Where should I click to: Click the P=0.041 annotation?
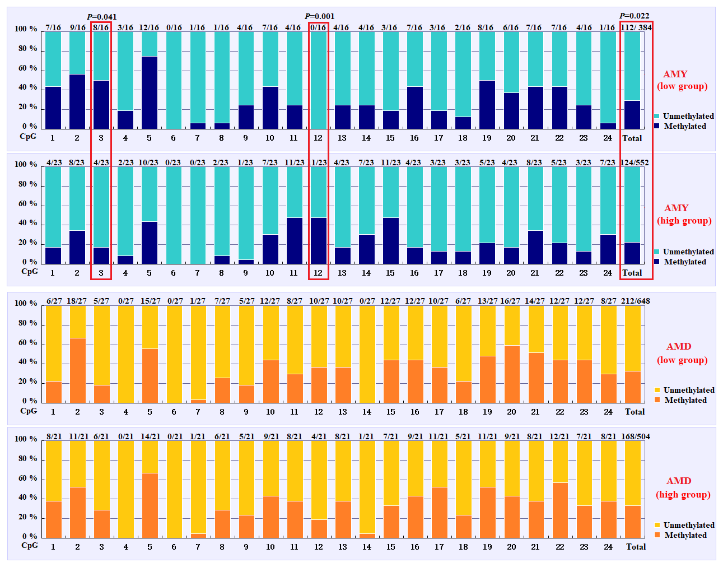[102, 17]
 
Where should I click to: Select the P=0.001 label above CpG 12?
[319, 16]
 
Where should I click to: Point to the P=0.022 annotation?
[635, 16]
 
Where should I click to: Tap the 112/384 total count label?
[636, 27]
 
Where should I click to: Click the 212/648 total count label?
[636, 301]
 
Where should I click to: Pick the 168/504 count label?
[636, 436]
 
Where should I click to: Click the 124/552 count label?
[635, 162]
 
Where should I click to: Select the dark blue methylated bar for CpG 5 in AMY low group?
[150, 92]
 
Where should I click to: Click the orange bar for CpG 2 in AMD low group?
[77, 370]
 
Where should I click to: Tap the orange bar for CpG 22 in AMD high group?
[560, 510]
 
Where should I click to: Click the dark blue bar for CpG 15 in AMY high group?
[390, 240]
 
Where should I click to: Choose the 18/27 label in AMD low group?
[77, 301]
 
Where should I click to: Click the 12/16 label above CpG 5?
[149, 27]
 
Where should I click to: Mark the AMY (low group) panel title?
[682, 80]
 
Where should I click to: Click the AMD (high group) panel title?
[683, 487]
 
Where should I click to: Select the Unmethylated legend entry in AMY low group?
[688, 116]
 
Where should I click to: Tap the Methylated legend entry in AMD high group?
[685, 535]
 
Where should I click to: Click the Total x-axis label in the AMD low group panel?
[635, 412]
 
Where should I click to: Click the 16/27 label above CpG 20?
[510, 301]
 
